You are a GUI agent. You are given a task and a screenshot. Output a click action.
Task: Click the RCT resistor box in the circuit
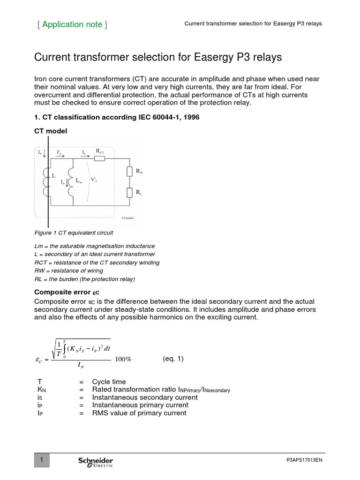(x=100, y=159)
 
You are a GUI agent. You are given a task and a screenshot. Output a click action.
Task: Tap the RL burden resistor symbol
(x=130, y=192)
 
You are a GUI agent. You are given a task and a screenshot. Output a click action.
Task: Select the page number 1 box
(x=42, y=461)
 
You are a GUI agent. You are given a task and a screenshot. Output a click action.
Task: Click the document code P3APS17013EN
(x=304, y=461)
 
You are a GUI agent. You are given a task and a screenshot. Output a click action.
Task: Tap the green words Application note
(x=72, y=24)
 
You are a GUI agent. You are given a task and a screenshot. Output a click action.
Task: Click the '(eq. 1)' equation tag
(x=173, y=359)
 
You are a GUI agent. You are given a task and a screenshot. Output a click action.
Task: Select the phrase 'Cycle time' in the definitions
(x=109, y=382)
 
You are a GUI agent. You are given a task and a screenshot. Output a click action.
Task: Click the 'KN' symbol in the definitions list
(x=40, y=390)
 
